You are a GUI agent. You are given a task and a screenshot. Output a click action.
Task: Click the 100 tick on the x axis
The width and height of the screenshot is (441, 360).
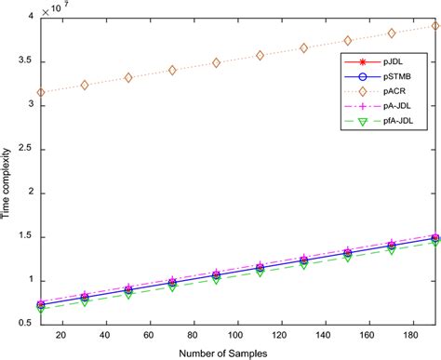220,336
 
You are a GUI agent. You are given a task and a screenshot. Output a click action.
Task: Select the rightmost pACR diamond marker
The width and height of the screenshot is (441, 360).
434,26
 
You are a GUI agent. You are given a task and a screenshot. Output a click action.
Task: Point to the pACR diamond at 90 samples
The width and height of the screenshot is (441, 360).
216,62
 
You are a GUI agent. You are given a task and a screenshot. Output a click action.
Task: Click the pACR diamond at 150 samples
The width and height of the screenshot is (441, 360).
347,40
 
